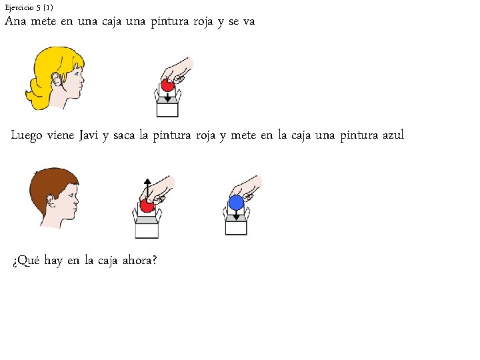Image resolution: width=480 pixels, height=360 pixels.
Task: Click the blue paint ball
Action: click(236, 203)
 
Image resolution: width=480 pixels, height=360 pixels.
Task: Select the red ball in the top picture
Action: click(168, 85)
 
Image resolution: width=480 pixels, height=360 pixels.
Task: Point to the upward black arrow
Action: click(147, 187)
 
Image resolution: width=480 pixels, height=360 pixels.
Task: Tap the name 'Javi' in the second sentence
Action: click(89, 135)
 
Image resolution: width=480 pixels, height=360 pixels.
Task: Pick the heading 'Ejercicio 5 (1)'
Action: click(29, 7)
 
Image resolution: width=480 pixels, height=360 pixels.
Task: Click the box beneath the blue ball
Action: click(236, 225)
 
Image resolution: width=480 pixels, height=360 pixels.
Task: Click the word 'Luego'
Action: click(28, 136)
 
